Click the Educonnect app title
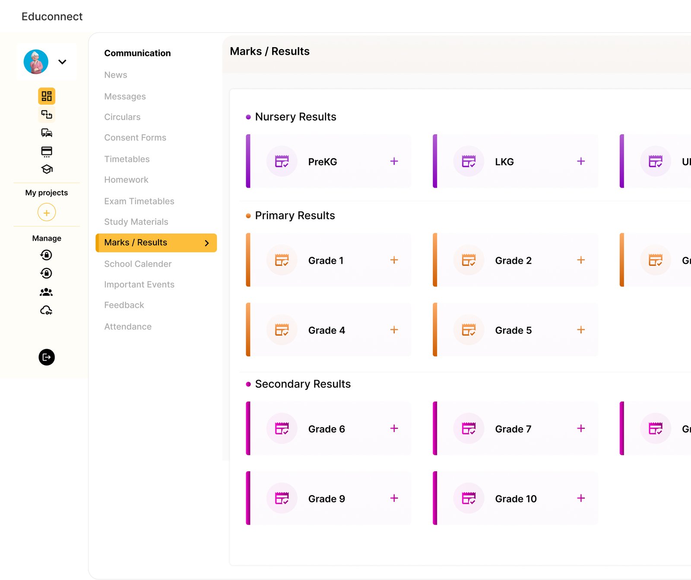pos(52,16)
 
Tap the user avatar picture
pos(36,62)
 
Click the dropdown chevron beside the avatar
pos(62,62)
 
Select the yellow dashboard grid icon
pos(47,96)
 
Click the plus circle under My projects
pos(47,212)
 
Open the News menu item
pos(116,75)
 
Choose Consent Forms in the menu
pos(135,138)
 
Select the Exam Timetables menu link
pos(139,201)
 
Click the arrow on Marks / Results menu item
pos(207,243)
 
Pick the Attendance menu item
pos(128,327)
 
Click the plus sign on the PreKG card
pos(394,161)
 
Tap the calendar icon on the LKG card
pos(469,161)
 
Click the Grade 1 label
pos(326,261)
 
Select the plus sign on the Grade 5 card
pos(581,330)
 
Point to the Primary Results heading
pos(295,215)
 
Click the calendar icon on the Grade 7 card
pos(469,429)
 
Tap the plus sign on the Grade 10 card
pos(581,498)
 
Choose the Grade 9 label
pos(326,499)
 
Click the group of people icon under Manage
pos(46,292)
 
